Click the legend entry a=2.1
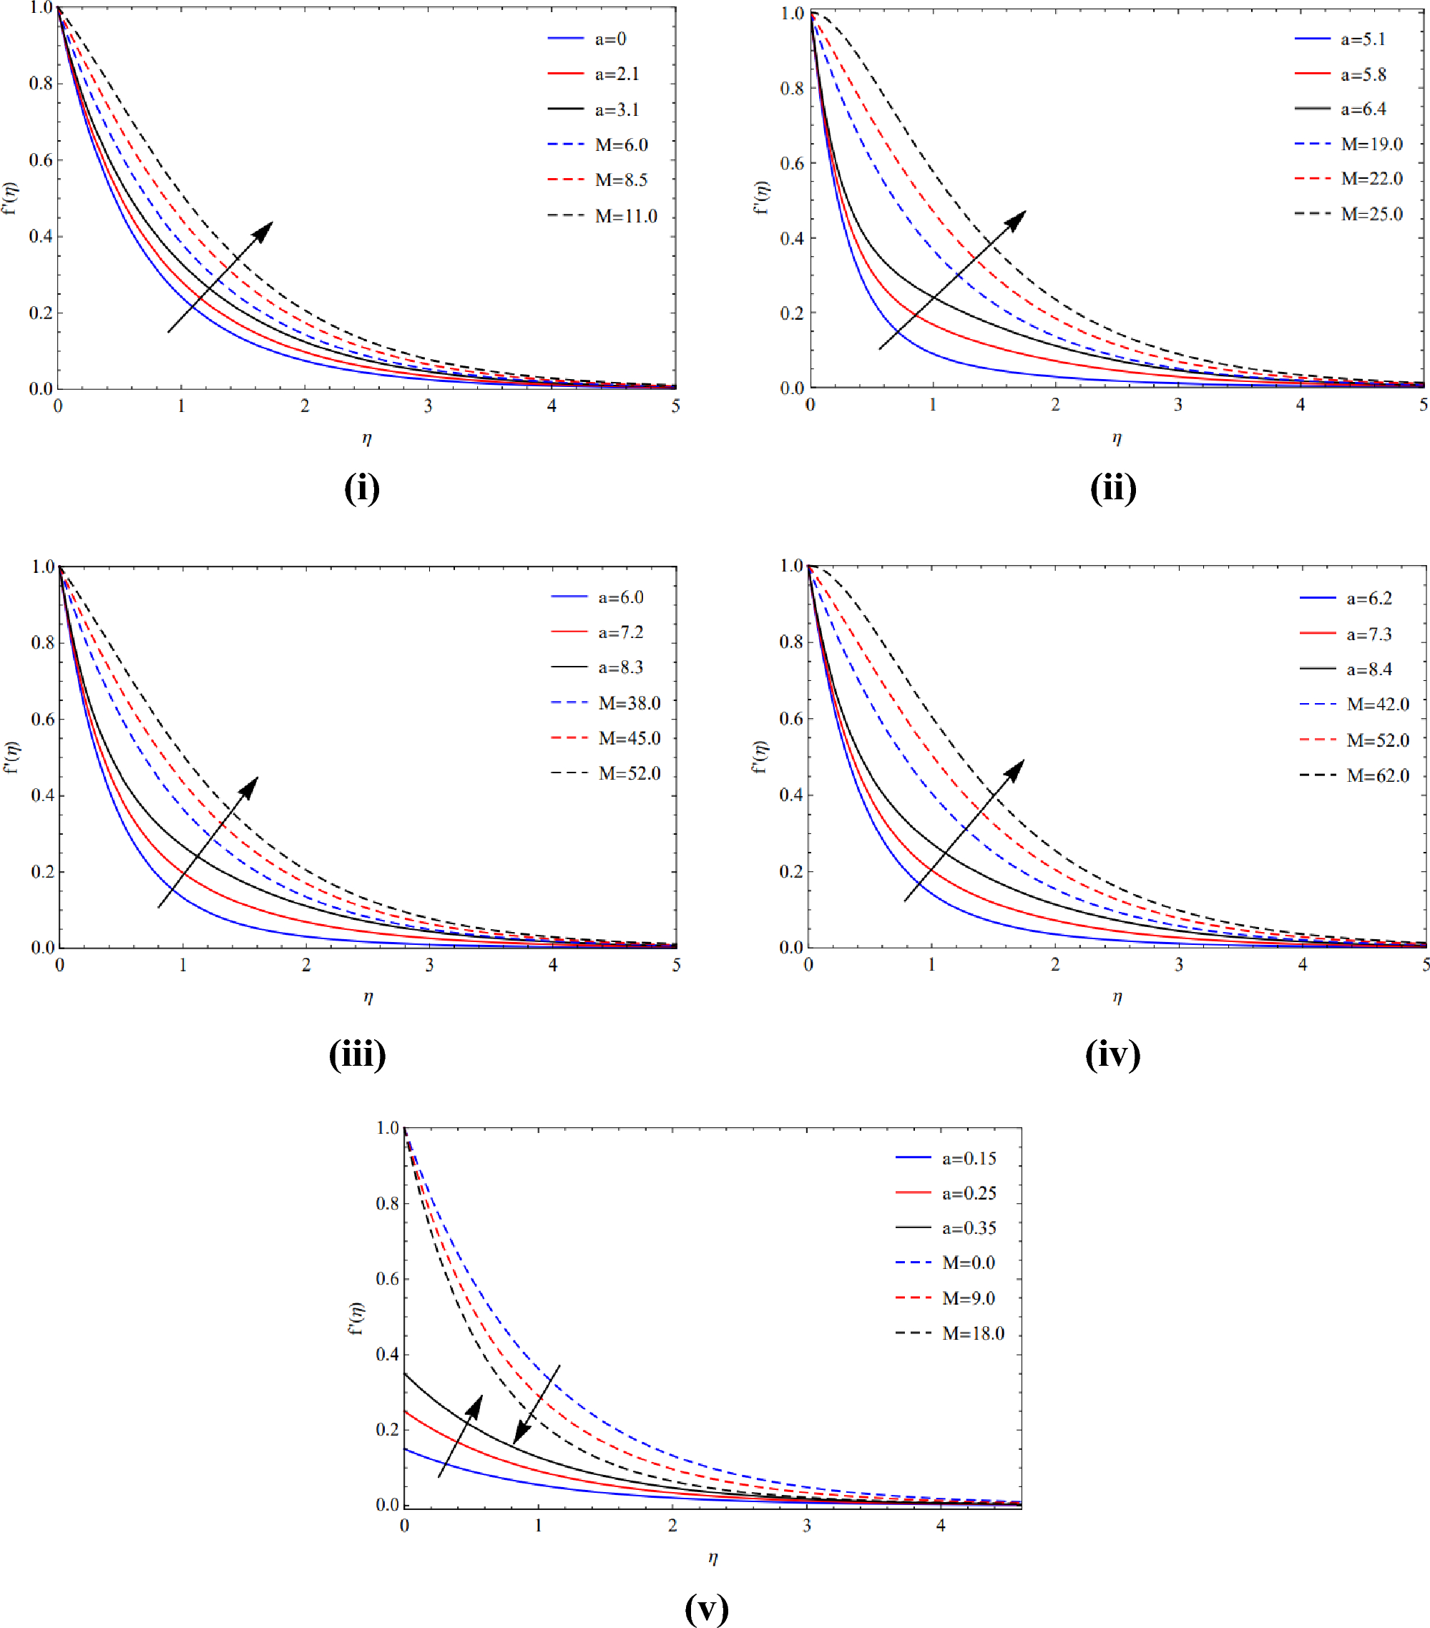(617, 74)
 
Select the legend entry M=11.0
(625, 216)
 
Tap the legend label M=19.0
(1371, 144)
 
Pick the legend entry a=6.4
(1363, 109)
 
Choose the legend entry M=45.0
(629, 738)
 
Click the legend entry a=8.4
(1368, 670)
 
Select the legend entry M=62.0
(1377, 776)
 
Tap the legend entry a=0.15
(969, 1159)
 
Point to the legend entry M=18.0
(973, 1333)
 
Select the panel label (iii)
(357, 1054)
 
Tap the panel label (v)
(707, 1609)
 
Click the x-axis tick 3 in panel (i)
(428, 406)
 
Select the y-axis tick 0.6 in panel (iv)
(790, 718)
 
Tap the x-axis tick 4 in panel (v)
(941, 1525)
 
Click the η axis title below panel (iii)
(367, 997)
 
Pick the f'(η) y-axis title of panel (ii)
(762, 197)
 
